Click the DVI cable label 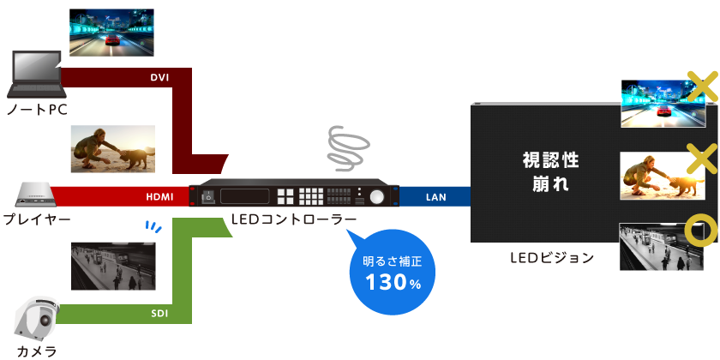pyautogui.click(x=159, y=78)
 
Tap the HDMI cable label pyautogui.click(x=159, y=197)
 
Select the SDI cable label pyautogui.click(x=159, y=313)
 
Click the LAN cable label pyautogui.click(x=435, y=197)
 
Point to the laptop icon pyautogui.click(x=33, y=75)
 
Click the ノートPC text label pyautogui.click(x=36, y=111)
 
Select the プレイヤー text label pyautogui.click(x=37, y=220)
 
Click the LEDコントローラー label pyautogui.click(x=294, y=219)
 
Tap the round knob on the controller pyautogui.click(x=377, y=196)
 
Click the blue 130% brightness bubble pyautogui.click(x=393, y=249)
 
